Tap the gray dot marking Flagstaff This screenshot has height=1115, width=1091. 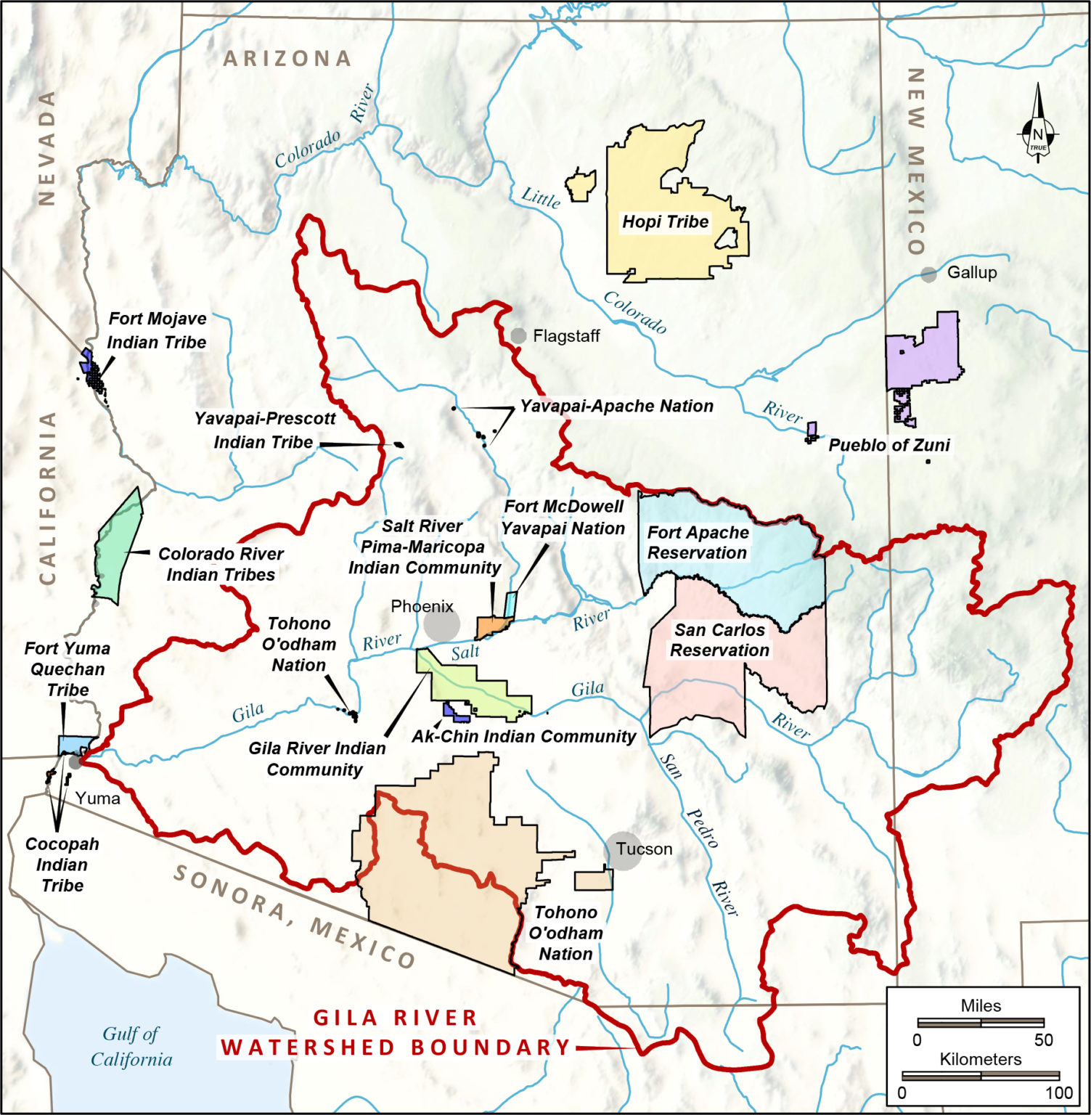point(518,335)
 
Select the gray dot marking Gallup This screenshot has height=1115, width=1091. point(928,274)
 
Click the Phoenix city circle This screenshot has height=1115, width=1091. point(441,624)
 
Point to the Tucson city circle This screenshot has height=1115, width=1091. point(624,851)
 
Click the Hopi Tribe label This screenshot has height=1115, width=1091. point(665,222)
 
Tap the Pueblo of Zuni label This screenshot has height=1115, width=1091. point(888,445)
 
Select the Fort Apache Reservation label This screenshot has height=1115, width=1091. point(697,543)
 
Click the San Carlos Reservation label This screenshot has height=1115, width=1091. point(719,640)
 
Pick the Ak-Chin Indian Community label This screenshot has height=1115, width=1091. point(523,736)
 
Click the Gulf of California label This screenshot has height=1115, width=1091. point(131,1046)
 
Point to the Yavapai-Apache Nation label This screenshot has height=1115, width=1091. point(616,406)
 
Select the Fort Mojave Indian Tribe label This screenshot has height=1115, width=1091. point(157,330)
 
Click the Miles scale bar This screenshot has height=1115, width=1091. point(980,1023)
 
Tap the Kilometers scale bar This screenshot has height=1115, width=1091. point(980,1075)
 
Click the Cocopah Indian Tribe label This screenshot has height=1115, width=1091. point(62,865)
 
